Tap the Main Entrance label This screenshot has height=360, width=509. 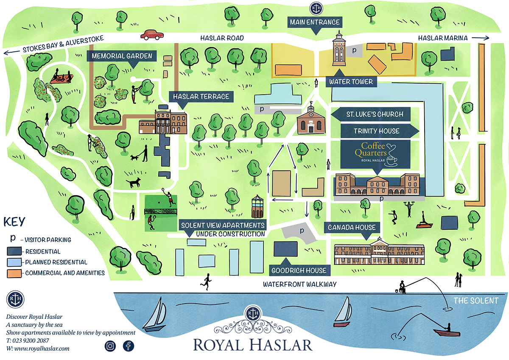pyautogui.click(x=314, y=22)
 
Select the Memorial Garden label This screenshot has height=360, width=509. pyautogui.click(x=121, y=56)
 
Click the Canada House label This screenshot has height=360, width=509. pyautogui.click(x=352, y=228)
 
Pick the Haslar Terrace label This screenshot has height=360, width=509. pyautogui.click(x=201, y=96)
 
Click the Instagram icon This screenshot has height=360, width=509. pyautogui.click(x=110, y=346)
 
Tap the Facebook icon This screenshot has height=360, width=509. pyautogui.click(x=129, y=346)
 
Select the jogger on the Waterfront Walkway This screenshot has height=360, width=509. pyautogui.click(x=207, y=281)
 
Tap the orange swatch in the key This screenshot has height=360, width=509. pyautogui.click(x=14, y=273)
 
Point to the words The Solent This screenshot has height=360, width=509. pyautogui.click(x=476, y=301)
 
